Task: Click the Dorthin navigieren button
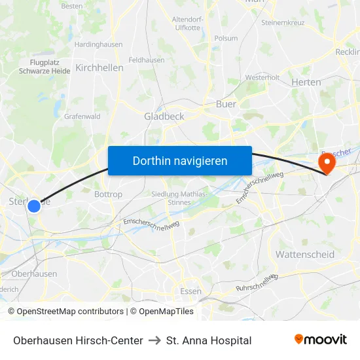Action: pyautogui.click(x=180, y=160)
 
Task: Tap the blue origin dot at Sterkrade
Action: pyautogui.click(x=34, y=206)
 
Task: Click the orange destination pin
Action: pyautogui.click(x=325, y=162)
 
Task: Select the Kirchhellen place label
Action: pyautogui.click(x=99, y=67)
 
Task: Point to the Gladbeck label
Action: pyautogui.click(x=164, y=116)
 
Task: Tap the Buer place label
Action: pyautogui.click(x=226, y=103)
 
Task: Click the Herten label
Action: pyautogui.click(x=306, y=82)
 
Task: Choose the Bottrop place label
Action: pyautogui.click(x=108, y=194)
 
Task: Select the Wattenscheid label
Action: pyautogui.click(x=305, y=254)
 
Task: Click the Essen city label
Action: pyautogui.click(x=191, y=292)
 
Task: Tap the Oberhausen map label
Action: pyautogui.click(x=34, y=274)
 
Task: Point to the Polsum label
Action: pyautogui.click(x=226, y=38)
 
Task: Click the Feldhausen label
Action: pyautogui.click(x=146, y=60)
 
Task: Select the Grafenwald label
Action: pyautogui.click(x=82, y=117)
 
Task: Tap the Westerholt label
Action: pyautogui.click(x=262, y=77)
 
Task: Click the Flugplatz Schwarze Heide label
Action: pyautogui.click(x=50, y=66)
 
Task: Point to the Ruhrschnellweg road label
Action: pyautogui.click(x=258, y=282)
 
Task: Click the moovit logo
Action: pyautogui.click(x=321, y=340)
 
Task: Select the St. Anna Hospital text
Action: pyautogui.click(x=209, y=340)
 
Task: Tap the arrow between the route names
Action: pyautogui.click(x=154, y=340)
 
